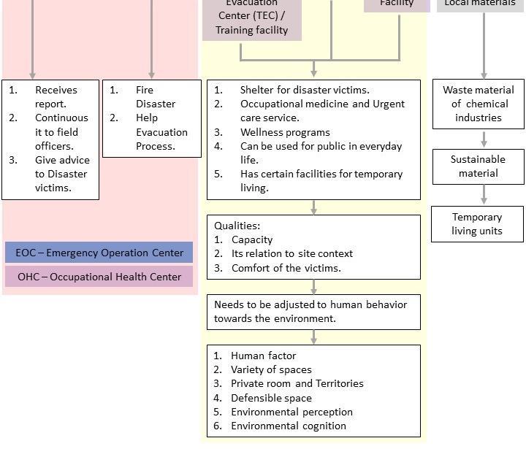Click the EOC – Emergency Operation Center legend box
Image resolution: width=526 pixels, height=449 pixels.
(x=99, y=253)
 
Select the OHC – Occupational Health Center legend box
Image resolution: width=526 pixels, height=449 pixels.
(x=99, y=277)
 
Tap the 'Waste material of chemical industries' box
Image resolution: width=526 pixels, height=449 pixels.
(x=479, y=104)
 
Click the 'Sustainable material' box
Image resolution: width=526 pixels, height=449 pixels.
(x=479, y=166)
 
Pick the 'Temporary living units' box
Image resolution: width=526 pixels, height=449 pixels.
(x=477, y=224)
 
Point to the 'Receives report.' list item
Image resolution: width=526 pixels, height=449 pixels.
(x=56, y=96)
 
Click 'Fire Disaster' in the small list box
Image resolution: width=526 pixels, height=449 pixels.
(x=155, y=96)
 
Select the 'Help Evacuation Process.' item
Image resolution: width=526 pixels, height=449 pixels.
(x=161, y=131)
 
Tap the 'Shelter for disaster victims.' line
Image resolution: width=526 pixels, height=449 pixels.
(x=305, y=90)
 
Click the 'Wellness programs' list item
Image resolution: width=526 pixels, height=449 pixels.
(x=285, y=132)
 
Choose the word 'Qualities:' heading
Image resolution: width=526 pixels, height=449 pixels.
(x=237, y=226)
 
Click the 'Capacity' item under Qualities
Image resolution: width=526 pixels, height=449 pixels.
(x=252, y=239)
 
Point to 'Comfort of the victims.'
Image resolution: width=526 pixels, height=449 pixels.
(x=286, y=268)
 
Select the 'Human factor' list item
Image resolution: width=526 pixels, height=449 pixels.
(x=263, y=356)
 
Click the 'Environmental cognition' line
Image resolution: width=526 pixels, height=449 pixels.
(x=289, y=426)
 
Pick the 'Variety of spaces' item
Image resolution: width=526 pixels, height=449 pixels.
(x=271, y=369)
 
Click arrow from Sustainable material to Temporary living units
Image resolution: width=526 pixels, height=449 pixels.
(x=484, y=195)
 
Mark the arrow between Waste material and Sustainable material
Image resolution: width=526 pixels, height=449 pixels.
(x=484, y=139)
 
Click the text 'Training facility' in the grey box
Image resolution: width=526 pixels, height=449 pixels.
(x=251, y=30)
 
